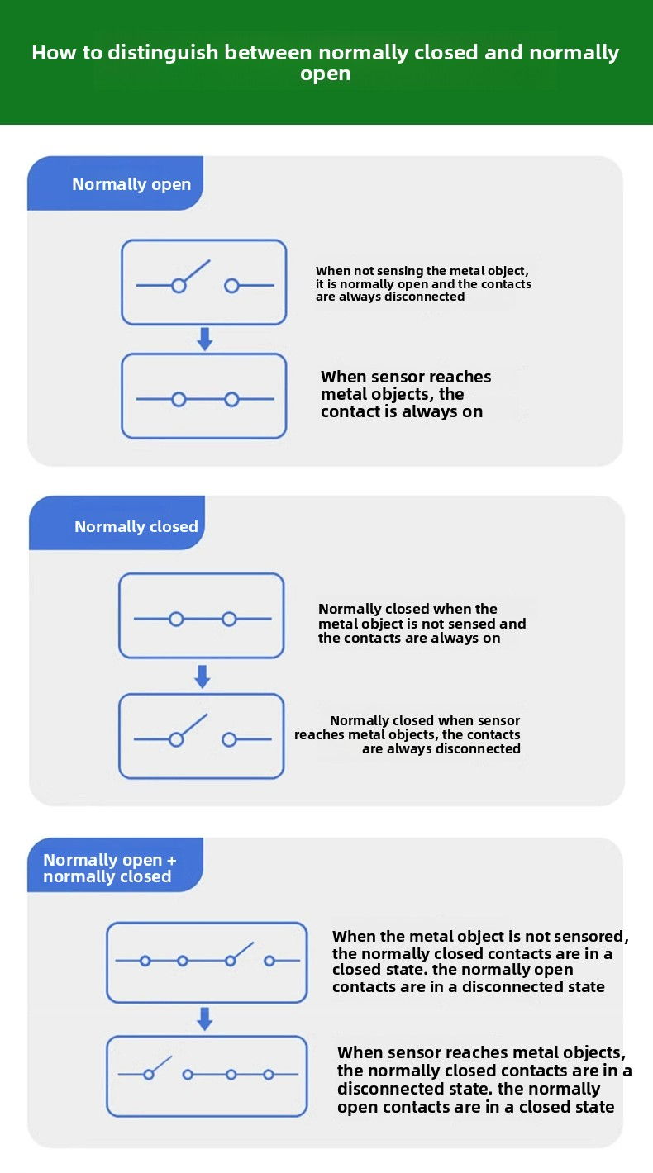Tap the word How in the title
pos(51,52)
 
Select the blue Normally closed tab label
pos(136,526)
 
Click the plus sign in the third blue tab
pos(171,861)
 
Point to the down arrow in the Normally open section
pos(204,340)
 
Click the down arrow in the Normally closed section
pos(203,677)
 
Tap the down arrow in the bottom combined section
pos(204,1019)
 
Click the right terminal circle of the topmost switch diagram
pos(231,285)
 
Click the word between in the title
pos(269,52)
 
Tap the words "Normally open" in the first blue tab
pos(131,185)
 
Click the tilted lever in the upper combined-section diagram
pos(243,951)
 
